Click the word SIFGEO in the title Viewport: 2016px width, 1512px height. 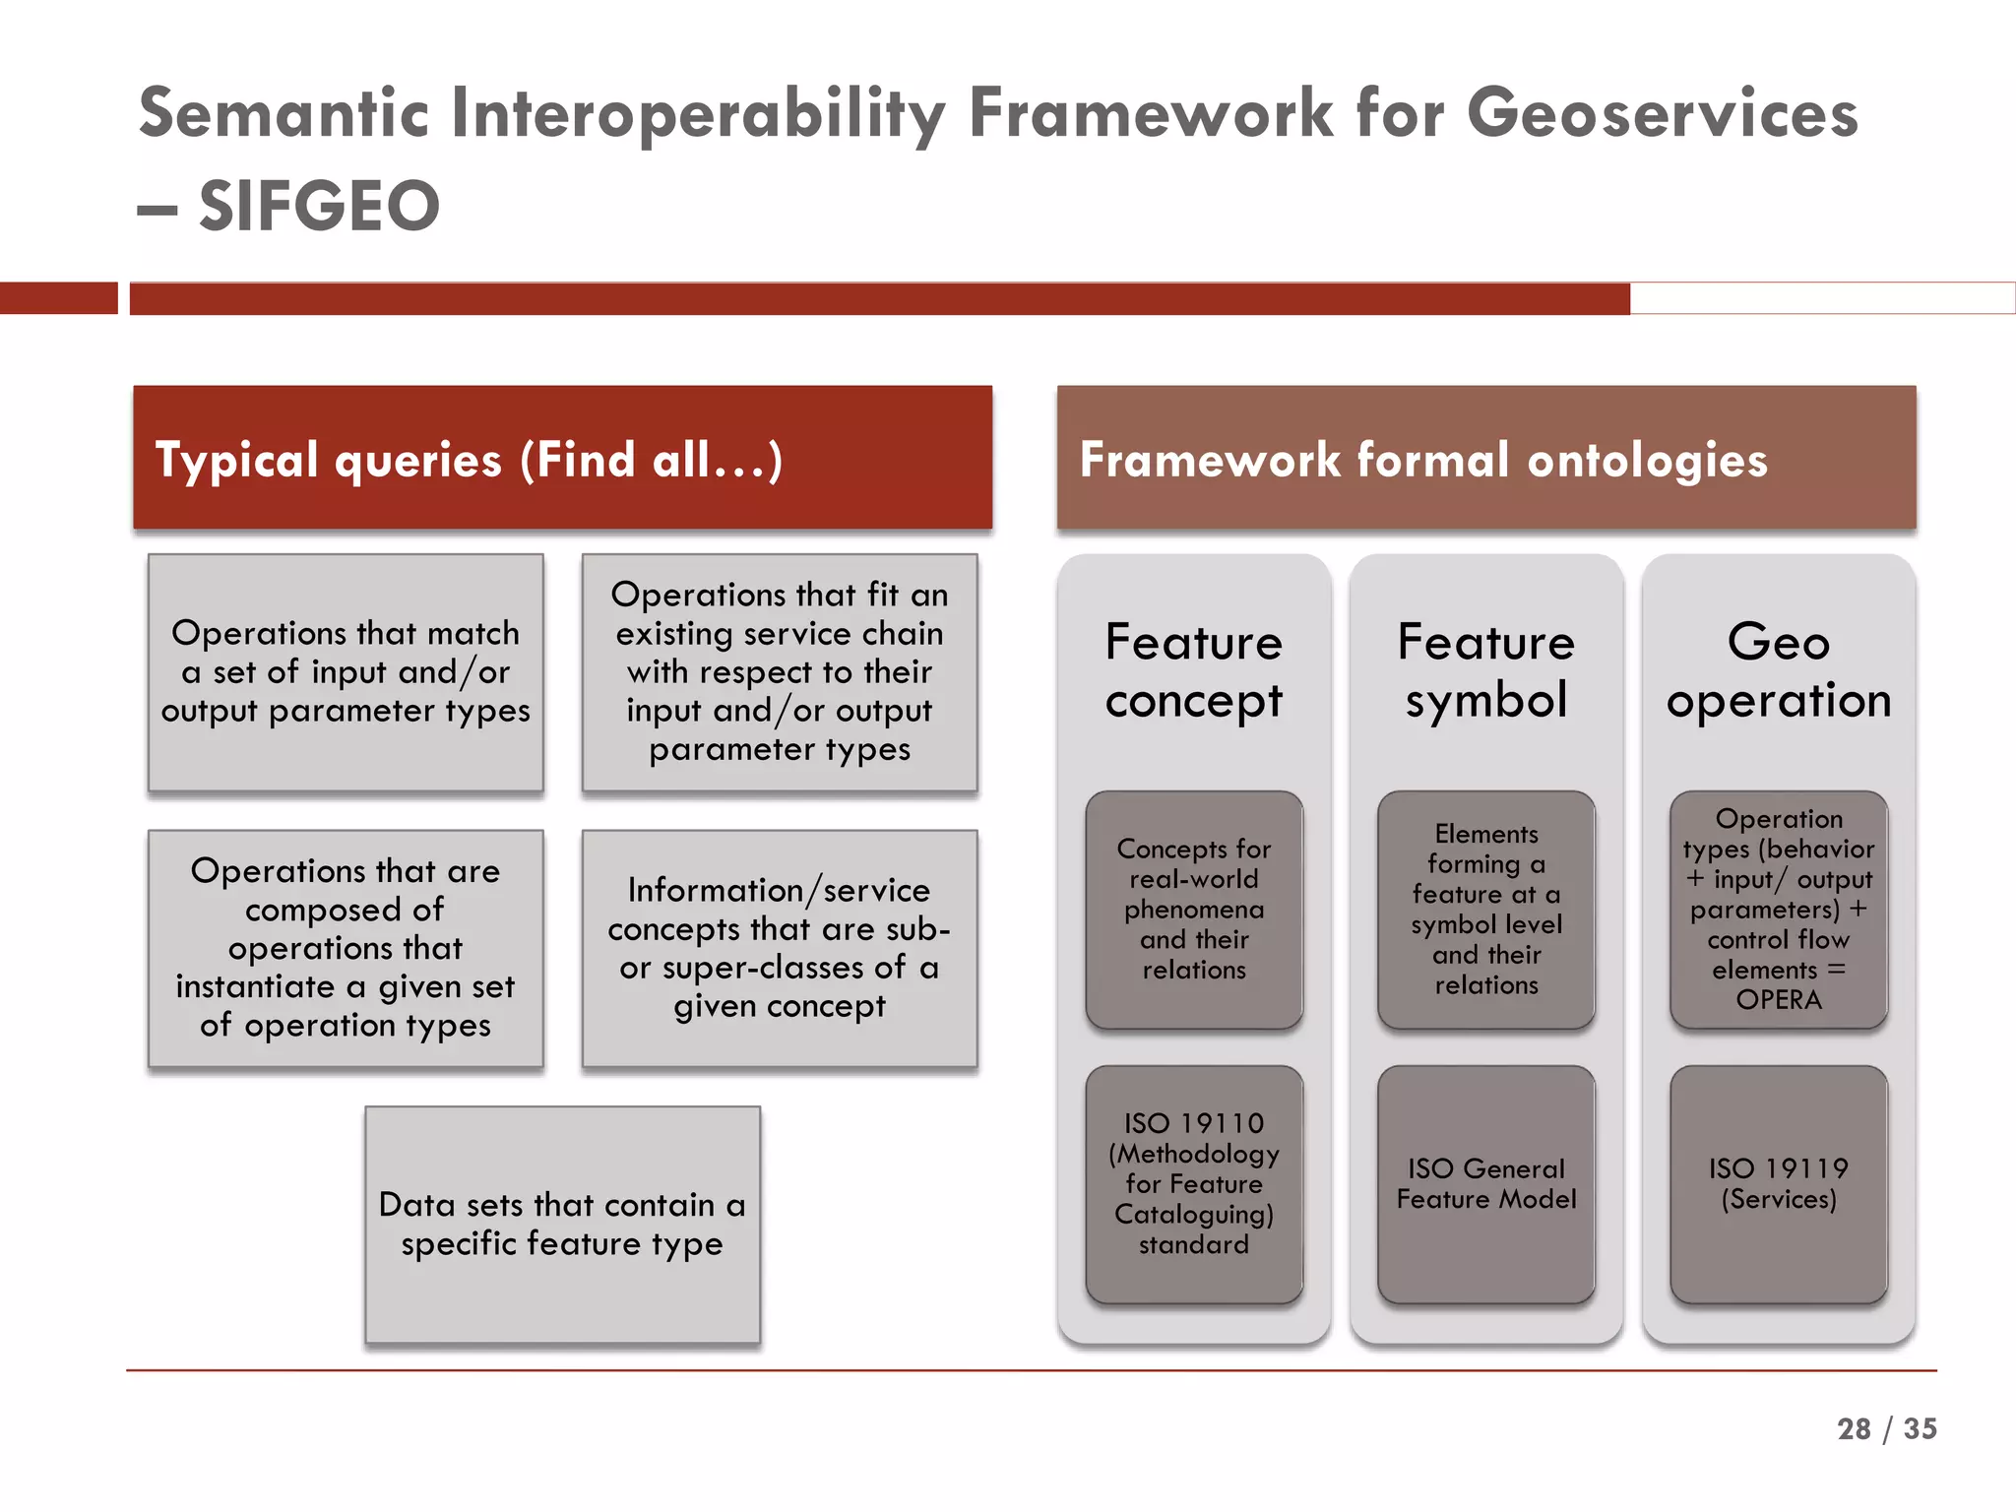point(319,207)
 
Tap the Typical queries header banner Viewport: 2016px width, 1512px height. point(562,459)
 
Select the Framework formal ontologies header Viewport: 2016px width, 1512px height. point(1485,459)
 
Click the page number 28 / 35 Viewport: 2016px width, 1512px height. point(1886,1428)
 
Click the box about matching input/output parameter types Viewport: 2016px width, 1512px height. point(346,672)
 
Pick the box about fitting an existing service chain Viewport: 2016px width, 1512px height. point(779,672)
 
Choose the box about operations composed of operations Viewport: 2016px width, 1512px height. point(346,948)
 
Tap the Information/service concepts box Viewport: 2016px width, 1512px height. point(779,948)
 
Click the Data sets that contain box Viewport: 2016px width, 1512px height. point(562,1224)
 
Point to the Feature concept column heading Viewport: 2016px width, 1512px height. point(1193,670)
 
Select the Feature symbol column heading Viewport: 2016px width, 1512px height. point(1485,670)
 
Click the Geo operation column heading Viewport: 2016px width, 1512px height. point(1778,670)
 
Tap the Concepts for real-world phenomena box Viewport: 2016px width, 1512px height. point(1193,910)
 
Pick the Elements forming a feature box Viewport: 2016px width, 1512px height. point(1485,910)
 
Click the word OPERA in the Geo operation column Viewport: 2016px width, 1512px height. point(1778,1000)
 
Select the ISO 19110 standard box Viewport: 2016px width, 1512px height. point(1193,1184)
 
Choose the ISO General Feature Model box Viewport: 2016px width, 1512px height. point(1485,1184)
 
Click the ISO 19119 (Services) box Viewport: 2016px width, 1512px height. point(1778,1184)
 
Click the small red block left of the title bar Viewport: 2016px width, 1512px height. point(58,298)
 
